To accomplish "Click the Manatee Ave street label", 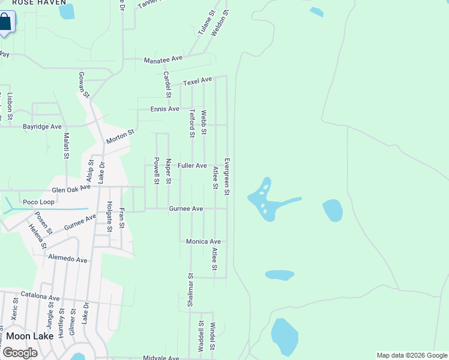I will pyautogui.click(x=163, y=59).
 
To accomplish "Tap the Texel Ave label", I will pyautogui.click(x=197, y=80).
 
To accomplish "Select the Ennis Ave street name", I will pyautogui.click(x=164, y=109).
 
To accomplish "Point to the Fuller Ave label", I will pyautogui.click(x=192, y=166).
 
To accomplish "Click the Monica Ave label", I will pyautogui.click(x=203, y=241).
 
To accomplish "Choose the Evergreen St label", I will pyautogui.click(x=228, y=176).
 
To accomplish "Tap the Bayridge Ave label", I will pyautogui.click(x=42, y=127).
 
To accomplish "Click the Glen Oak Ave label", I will pyautogui.click(x=71, y=188).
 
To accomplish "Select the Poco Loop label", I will pyautogui.click(x=38, y=202).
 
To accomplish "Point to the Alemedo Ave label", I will pyautogui.click(x=68, y=260).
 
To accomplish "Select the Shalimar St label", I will pyautogui.click(x=190, y=291).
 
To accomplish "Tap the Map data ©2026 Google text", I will pyautogui.click(x=411, y=355).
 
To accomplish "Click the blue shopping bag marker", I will pyautogui.click(x=5, y=23).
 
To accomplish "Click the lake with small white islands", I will pyautogui.click(x=265, y=199).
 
